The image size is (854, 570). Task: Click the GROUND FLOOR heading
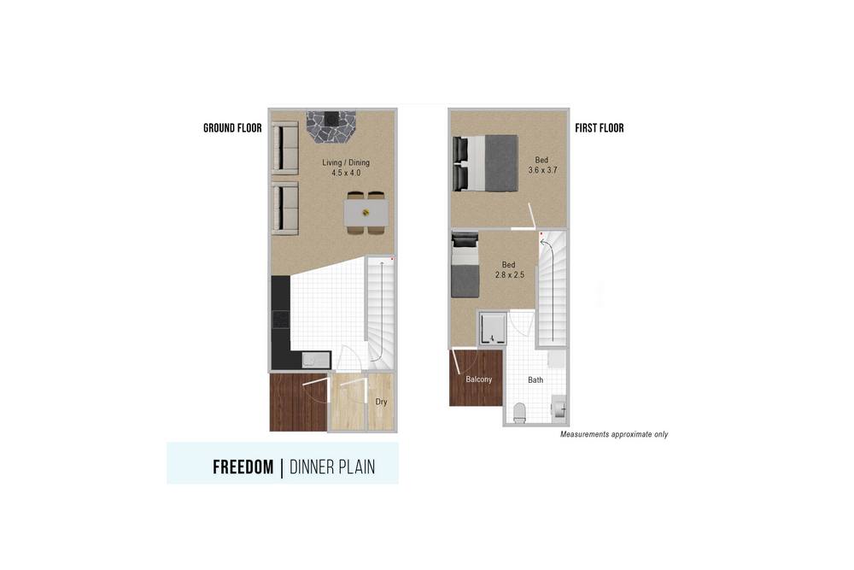tap(232, 128)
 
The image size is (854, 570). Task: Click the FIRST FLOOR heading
tap(600, 128)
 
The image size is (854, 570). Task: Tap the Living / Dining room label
tap(346, 162)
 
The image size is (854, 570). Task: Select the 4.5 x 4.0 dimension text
tap(346, 173)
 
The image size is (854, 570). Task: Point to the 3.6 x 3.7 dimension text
tap(542, 170)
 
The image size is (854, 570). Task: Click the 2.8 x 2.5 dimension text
tap(509, 274)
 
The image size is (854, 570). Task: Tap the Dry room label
tap(381, 402)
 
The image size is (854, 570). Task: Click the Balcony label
tap(479, 379)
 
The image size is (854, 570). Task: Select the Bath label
tap(535, 379)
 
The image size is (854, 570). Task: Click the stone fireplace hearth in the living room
tap(330, 126)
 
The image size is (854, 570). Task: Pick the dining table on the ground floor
tap(366, 213)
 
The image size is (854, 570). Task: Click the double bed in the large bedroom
tap(485, 163)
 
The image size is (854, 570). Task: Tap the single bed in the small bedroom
tap(465, 265)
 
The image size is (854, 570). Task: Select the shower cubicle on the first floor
tap(493, 328)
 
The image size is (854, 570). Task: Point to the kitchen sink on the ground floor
tap(316, 360)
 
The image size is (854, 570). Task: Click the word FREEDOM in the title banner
tap(243, 467)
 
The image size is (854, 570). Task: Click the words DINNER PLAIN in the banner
tap(332, 467)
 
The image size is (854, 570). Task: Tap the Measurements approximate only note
tap(614, 434)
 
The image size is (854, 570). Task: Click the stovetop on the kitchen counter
tap(281, 320)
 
